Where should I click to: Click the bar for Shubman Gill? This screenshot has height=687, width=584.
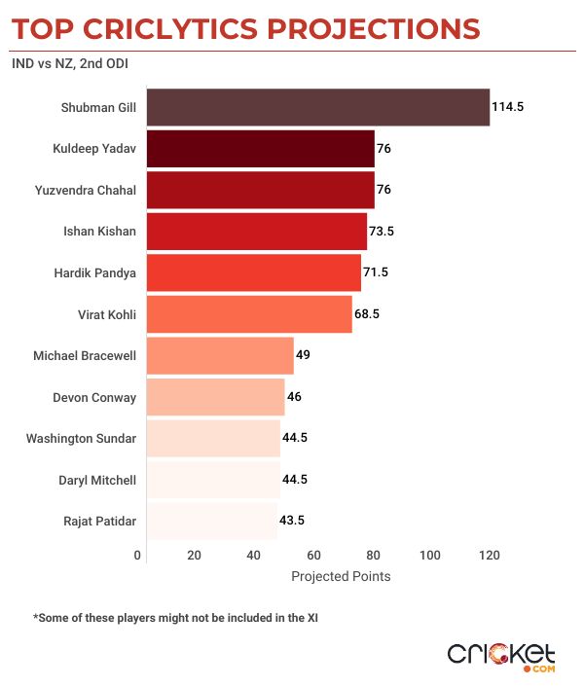pyautogui.click(x=317, y=107)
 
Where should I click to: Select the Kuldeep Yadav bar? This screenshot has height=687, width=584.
pyautogui.click(x=260, y=149)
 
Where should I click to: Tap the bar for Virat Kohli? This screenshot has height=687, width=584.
pyautogui.click(x=248, y=314)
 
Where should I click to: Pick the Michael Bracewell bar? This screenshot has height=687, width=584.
pyautogui.click(x=219, y=356)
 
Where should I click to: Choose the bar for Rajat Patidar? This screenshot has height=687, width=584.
pyautogui.click(x=211, y=521)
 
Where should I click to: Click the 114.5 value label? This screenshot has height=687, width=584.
pyautogui.click(x=508, y=107)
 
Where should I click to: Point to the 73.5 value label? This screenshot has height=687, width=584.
pyautogui.click(x=383, y=232)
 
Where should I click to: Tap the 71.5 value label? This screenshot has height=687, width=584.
pyautogui.click(x=377, y=273)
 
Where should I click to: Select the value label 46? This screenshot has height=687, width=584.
pyautogui.click(x=296, y=397)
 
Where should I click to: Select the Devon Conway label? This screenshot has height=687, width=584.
pyautogui.click(x=94, y=397)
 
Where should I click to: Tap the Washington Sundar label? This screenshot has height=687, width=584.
pyautogui.click(x=82, y=438)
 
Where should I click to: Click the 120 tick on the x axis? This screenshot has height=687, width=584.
pyautogui.click(x=490, y=556)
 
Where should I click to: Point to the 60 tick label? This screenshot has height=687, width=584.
pyautogui.click(x=313, y=556)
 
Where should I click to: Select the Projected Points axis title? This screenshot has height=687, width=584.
pyautogui.click(x=341, y=577)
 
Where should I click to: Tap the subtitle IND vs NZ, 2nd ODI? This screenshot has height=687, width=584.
pyautogui.click(x=69, y=64)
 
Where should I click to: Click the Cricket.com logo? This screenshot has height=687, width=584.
pyautogui.click(x=502, y=655)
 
